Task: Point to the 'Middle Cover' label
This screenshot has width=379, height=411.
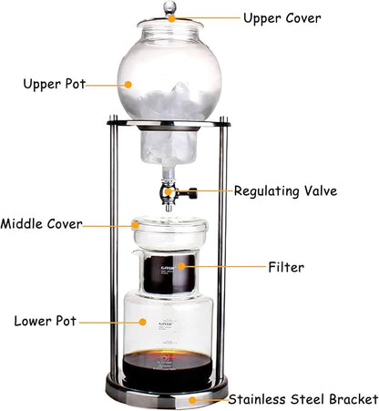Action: (x=43, y=223)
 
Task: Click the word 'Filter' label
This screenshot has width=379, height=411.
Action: (x=285, y=267)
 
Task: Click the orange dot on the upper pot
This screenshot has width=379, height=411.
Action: (x=128, y=84)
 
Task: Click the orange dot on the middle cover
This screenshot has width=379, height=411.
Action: (x=137, y=222)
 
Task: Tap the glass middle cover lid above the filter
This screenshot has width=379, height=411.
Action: (x=169, y=227)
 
